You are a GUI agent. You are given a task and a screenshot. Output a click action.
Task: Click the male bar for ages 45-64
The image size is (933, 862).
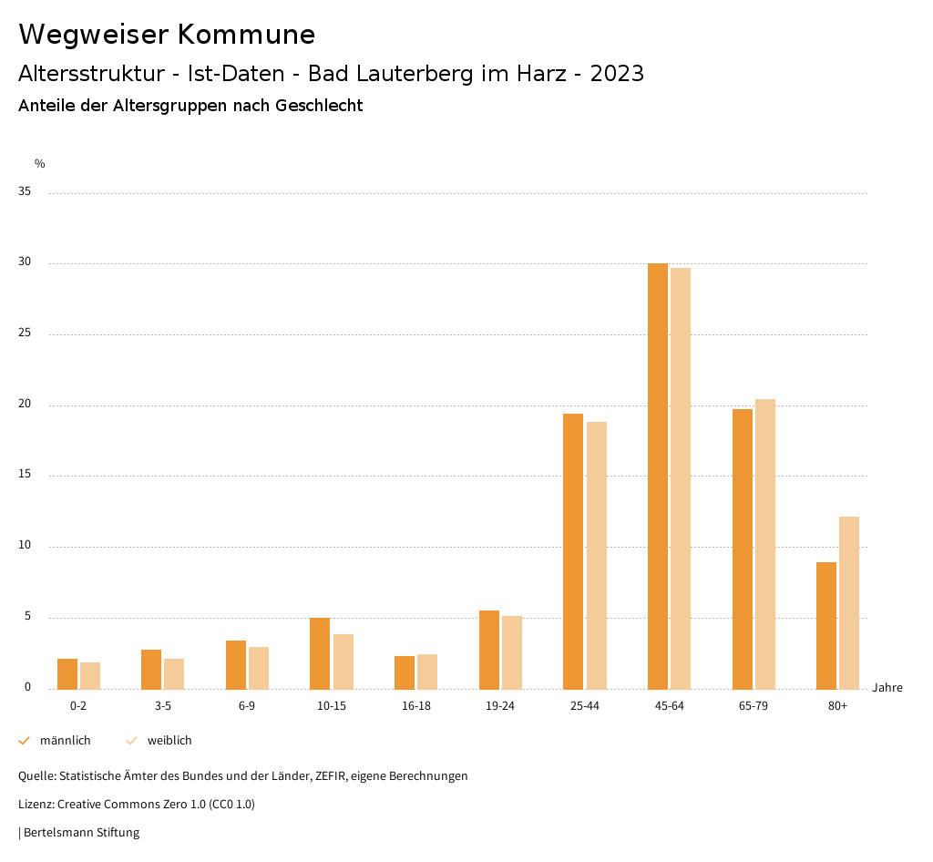(x=658, y=476)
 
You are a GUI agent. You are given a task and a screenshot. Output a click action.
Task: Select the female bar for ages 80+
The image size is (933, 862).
(x=849, y=602)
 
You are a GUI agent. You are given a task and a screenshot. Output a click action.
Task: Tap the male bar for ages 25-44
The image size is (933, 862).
(x=573, y=551)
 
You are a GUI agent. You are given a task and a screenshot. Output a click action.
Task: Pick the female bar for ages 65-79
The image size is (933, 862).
(x=765, y=544)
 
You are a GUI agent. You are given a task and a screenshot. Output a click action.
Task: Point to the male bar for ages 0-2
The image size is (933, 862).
(x=67, y=673)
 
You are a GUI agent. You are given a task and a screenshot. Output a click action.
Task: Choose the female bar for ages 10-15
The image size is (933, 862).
(x=343, y=662)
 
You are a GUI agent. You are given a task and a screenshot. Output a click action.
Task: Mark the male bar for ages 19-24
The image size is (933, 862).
(x=489, y=650)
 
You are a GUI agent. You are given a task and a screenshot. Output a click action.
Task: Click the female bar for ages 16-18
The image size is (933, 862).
(x=427, y=672)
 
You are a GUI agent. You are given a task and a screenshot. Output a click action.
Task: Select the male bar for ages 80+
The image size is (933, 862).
(x=826, y=625)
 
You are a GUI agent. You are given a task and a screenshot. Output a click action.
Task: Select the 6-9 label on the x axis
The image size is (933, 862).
(x=247, y=706)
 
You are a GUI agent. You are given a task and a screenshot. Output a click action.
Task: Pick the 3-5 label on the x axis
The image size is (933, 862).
(x=163, y=706)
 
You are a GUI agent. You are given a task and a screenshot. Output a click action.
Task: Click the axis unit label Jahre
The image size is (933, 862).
(x=887, y=688)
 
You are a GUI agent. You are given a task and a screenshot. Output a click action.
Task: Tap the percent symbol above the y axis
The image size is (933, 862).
(x=40, y=164)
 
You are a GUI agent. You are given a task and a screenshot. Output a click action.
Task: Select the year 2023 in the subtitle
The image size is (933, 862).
(x=617, y=74)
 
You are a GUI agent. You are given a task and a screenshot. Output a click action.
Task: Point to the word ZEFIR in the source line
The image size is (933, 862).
(x=333, y=776)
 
